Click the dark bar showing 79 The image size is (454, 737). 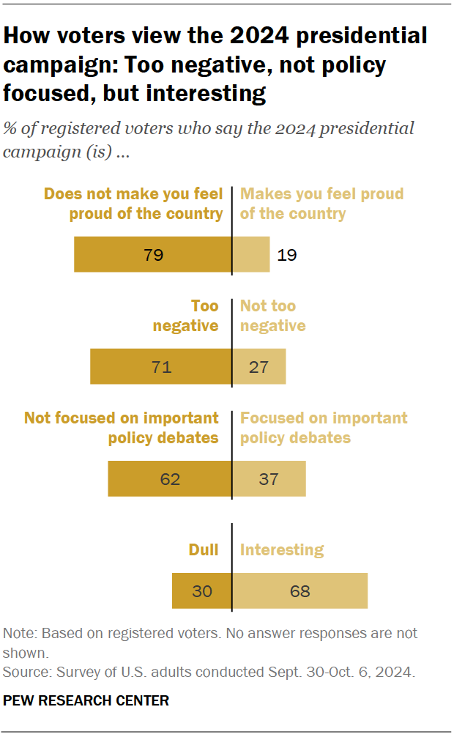point(152,255)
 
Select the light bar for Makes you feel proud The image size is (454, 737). point(251,255)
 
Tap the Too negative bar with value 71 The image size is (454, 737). point(161,366)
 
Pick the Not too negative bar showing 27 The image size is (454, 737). point(258,366)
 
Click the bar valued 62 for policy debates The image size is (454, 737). point(170,479)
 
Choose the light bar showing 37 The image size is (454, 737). point(269,479)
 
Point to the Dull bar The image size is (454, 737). point(202,590)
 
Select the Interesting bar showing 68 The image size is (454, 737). point(299,590)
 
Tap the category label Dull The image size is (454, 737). point(203,549)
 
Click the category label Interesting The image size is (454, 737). point(282,549)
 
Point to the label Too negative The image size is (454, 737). point(186,316)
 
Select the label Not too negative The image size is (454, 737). point(273,316)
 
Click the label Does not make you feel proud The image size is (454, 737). point(133,204)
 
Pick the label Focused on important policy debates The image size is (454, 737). point(324,428)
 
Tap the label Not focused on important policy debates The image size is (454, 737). point(122,428)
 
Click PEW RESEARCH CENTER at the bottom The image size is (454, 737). point(86,701)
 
